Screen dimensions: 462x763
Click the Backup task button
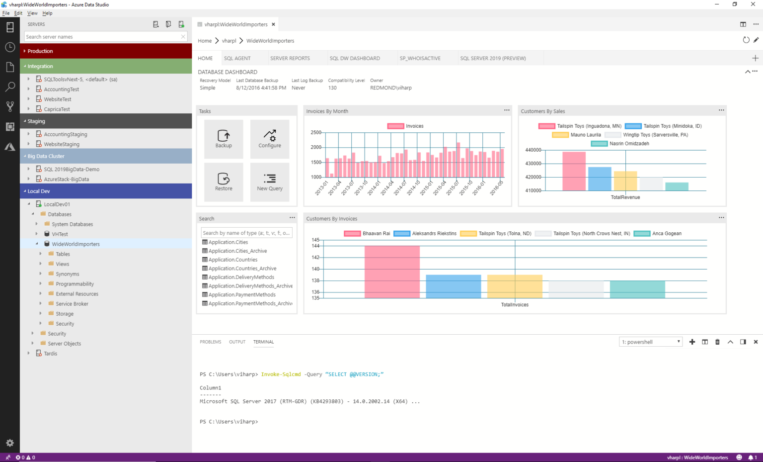[224, 139]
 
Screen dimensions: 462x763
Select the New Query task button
[270, 182]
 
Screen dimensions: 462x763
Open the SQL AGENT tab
[237, 58]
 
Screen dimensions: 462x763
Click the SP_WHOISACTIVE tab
[420, 58]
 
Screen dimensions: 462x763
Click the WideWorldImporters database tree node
[76, 244]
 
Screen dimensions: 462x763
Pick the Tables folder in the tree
[63, 254]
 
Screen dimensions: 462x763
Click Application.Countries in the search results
[232, 260]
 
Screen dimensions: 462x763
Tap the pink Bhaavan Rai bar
[392, 272]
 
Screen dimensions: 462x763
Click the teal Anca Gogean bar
[637, 289]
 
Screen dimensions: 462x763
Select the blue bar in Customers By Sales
[600, 179]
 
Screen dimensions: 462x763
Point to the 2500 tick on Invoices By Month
[316, 132]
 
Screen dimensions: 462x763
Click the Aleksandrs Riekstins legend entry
[434, 233]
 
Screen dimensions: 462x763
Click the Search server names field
[102, 37]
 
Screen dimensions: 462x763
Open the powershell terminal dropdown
[651, 342]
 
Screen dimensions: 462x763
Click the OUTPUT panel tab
[237, 342]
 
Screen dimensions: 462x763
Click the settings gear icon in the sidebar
[10, 443]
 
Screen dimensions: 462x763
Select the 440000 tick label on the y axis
[533, 150]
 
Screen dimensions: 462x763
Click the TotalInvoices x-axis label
[515, 305]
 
